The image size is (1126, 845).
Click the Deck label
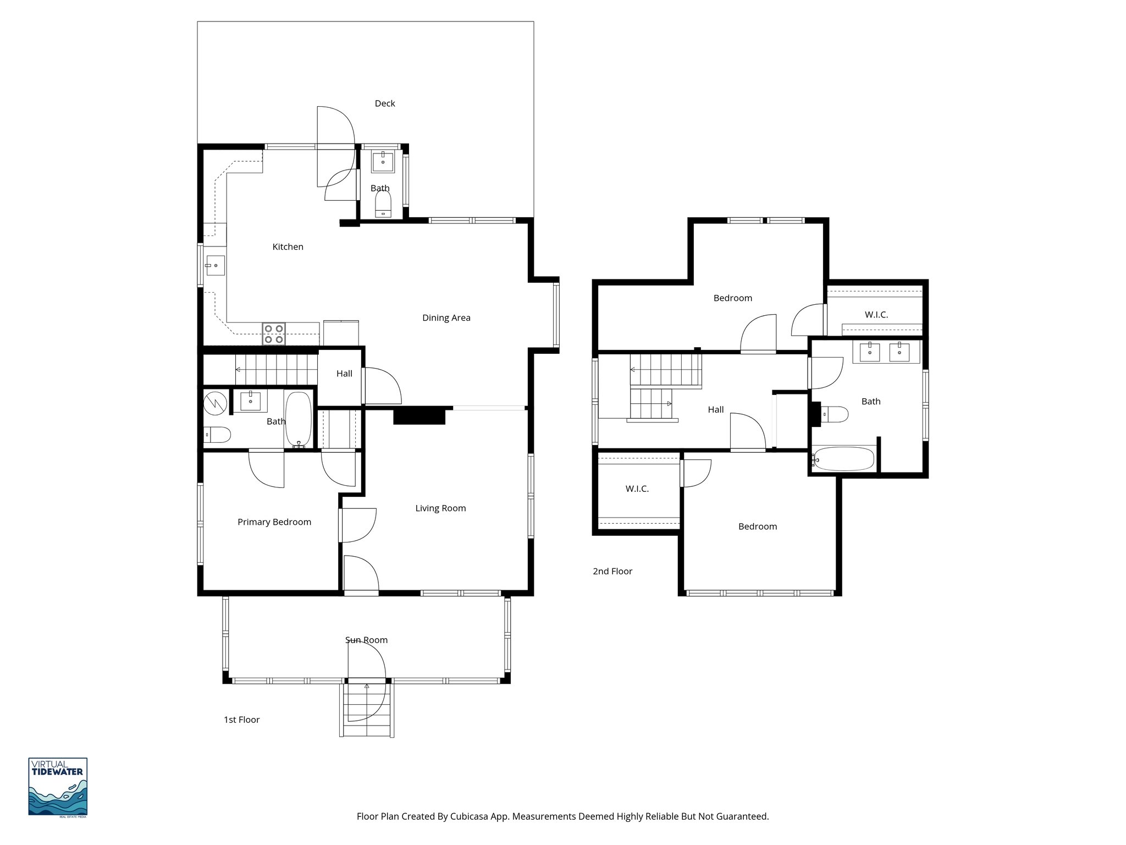pos(384,103)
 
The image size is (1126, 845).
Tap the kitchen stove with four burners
pos(273,334)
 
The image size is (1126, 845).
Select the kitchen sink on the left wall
pos(215,266)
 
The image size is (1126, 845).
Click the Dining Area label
pos(446,317)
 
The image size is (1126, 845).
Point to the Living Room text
pos(440,508)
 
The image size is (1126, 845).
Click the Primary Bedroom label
pos(274,522)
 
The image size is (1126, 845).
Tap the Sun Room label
pos(366,640)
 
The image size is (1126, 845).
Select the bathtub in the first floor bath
pos(298,419)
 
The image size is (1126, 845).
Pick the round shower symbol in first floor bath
pos(215,403)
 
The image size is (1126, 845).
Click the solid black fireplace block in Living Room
pos(419,416)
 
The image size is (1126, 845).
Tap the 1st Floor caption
pos(241,720)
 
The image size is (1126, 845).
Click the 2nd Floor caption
pos(612,571)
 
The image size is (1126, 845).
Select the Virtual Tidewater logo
pos(58,787)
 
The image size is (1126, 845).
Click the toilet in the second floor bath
pos(834,414)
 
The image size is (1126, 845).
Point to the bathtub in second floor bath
pos(843,459)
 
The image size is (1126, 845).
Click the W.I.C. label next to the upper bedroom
pos(876,315)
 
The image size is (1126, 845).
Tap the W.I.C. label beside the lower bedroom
pos(637,489)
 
